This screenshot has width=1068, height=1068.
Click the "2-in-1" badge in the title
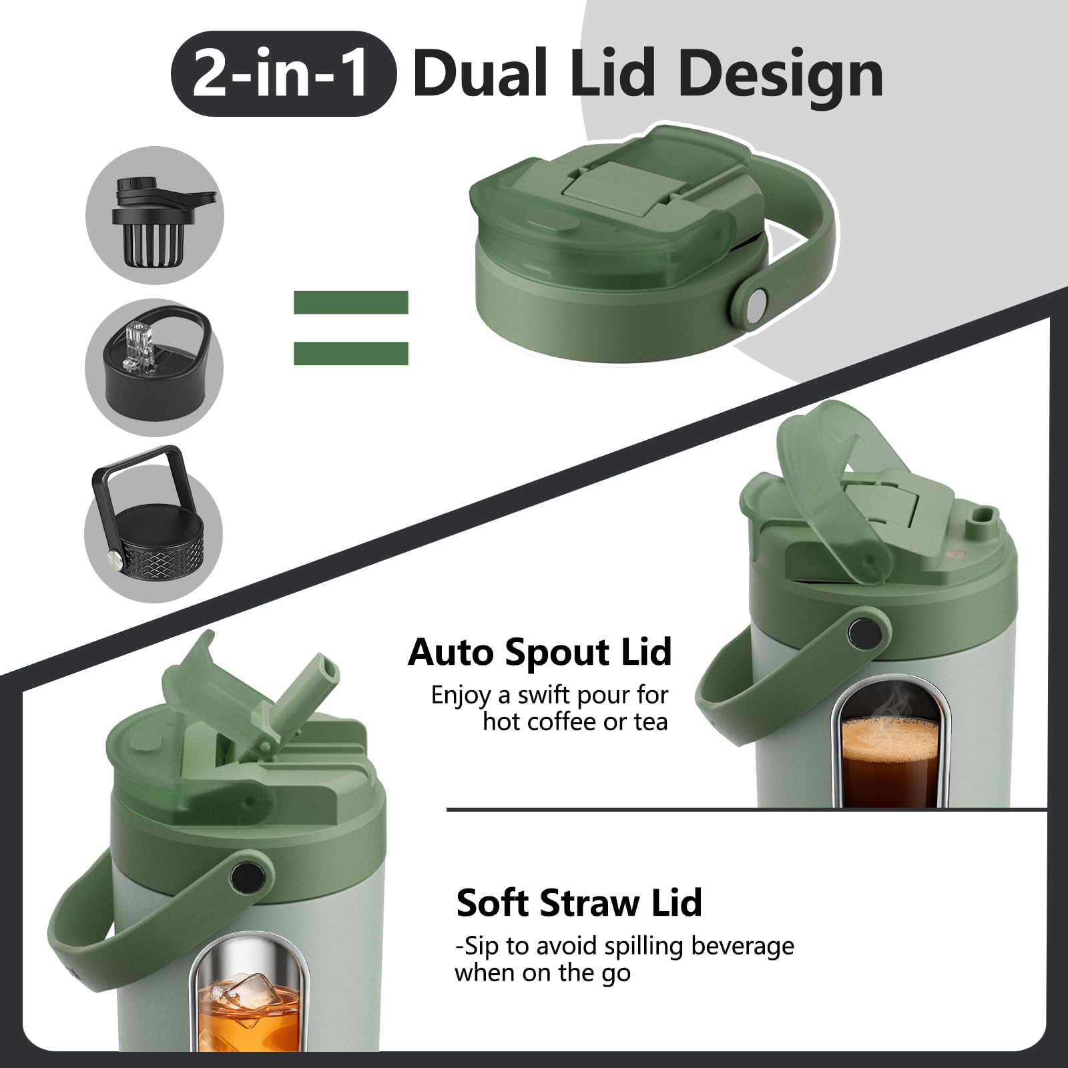coord(284,73)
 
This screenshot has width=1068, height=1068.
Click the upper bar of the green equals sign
coord(351,302)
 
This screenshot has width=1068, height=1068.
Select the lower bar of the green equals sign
coord(351,353)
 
